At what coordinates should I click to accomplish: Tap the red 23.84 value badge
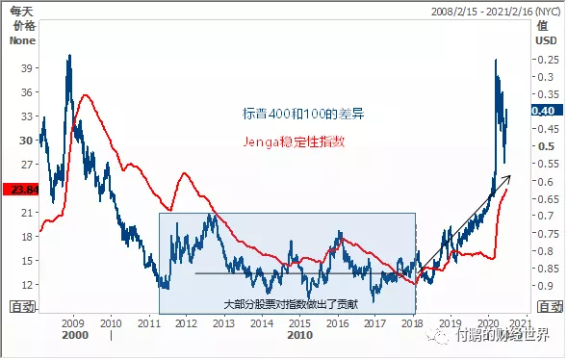coord(19,190)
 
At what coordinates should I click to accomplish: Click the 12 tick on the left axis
coord(26,284)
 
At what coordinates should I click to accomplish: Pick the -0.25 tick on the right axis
coord(548,60)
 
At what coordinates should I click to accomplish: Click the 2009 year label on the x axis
coord(73,323)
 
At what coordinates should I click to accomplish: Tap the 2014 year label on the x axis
coord(261,323)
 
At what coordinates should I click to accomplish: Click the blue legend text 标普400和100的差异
coord(302,114)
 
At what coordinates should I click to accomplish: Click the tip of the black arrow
coord(511,175)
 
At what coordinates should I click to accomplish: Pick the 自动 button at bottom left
coord(22,306)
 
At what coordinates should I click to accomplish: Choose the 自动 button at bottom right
coord(548,306)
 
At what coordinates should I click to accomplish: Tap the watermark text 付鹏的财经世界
coord(502,336)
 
